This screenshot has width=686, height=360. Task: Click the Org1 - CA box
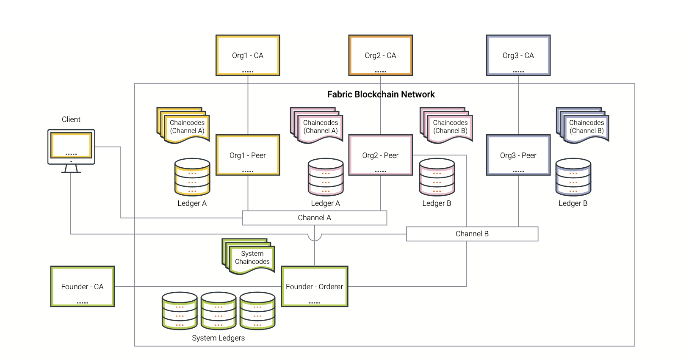(x=248, y=55)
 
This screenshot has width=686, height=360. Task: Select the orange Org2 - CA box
(x=380, y=55)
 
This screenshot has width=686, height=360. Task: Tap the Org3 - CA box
(x=518, y=55)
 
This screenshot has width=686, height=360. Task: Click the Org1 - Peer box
(x=248, y=155)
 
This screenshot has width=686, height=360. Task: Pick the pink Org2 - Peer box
(x=380, y=155)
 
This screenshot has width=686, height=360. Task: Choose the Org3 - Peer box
(x=518, y=155)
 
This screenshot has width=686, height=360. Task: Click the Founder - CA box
(x=83, y=287)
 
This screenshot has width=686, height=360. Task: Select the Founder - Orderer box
(x=315, y=287)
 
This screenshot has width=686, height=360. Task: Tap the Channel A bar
(x=314, y=218)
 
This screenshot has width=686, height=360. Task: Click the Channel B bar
(x=472, y=234)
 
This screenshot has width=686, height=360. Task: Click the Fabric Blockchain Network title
(x=381, y=94)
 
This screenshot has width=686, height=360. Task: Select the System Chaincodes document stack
(x=250, y=257)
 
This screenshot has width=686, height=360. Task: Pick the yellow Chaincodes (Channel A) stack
(x=185, y=126)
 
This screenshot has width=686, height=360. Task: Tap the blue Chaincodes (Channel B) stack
(x=584, y=126)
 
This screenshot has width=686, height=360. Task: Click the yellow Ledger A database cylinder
(x=192, y=177)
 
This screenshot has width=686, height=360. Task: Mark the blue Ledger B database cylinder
(x=573, y=177)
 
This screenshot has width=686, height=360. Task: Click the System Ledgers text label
(x=218, y=338)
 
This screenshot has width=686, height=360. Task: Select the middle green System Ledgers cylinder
(x=219, y=310)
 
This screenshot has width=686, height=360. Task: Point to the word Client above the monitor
(x=71, y=119)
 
